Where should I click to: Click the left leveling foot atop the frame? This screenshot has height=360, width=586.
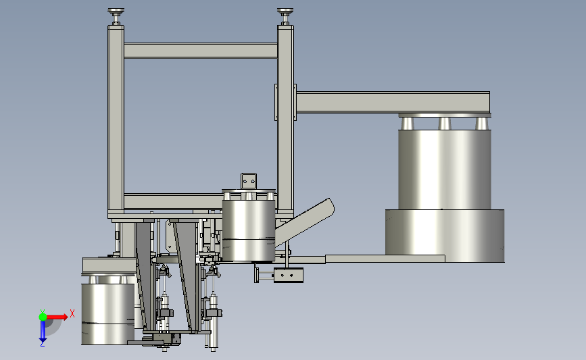point(116,16)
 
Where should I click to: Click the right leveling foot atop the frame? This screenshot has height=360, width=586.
point(285,16)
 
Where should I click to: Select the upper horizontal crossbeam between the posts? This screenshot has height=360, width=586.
point(201,51)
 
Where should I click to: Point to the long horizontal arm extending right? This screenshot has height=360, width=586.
point(393,102)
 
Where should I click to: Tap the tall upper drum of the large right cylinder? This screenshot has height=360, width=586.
point(444,169)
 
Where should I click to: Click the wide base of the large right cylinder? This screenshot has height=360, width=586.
point(445,236)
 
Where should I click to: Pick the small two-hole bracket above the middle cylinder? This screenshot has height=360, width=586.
point(249,181)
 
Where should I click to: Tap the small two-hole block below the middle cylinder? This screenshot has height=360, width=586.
point(288,275)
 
